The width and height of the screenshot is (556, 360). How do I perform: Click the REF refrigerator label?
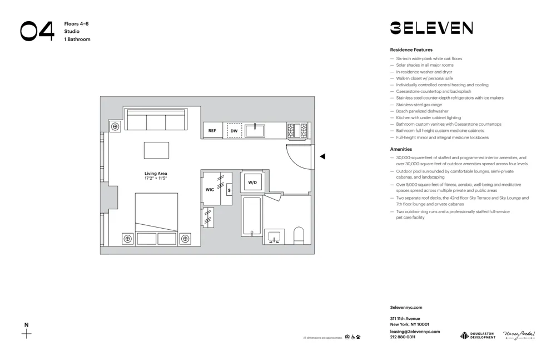click(x=212, y=131)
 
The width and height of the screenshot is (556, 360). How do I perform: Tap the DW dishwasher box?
click(x=234, y=131)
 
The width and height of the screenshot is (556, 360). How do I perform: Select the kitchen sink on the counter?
click(x=255, y=131)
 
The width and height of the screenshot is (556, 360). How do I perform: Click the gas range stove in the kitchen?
click(x=297, y=131)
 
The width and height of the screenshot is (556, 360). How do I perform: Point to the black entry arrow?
click(x=322, y=156)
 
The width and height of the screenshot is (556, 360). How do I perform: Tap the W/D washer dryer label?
click(x=252, y=183)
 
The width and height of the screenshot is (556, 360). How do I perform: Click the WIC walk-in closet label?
click(x=210, y=190)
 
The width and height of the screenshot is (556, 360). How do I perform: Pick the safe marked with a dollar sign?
click(x=229, y=190)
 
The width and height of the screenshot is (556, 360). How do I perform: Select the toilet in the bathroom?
click(x=299, y=235)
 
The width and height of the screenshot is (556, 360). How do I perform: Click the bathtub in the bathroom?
click(x=251, y=216)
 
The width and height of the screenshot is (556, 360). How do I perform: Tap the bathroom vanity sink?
click(x=274, y=236)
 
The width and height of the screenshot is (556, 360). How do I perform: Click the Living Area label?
click(x=156, y=174)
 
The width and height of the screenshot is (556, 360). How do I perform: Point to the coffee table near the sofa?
click(x=156, y=150)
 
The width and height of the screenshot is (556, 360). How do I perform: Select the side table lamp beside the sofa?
click(x=115, y=126)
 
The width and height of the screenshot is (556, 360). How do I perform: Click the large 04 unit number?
click(x=37, y=31)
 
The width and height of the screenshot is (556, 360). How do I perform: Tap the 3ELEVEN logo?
click(x=431, y=28)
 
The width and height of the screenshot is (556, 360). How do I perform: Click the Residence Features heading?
click(x=411, y=50)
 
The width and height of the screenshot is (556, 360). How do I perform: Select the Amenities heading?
click(x=401, y=149)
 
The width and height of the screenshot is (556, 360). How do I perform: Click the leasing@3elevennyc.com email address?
click(x=415, y=332)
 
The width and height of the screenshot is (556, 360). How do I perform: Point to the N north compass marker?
click(x=26, y=325)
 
